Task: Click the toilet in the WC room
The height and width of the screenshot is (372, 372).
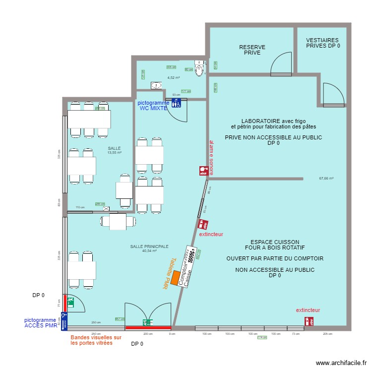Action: (200, 68)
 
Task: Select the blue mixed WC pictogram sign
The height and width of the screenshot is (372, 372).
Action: (176, 103)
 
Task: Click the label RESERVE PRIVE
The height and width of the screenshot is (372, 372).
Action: (252, 50)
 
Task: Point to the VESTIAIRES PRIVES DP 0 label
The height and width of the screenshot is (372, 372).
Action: (322, 43)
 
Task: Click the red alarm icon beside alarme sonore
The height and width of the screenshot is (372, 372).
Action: (203, 171)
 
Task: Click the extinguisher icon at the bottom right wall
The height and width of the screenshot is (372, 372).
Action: (310, 321)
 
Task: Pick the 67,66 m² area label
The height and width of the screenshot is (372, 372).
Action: (326, 179)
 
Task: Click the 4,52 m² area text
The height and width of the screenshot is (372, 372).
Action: (173, 77)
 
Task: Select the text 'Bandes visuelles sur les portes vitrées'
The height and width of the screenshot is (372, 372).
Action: (96, 340)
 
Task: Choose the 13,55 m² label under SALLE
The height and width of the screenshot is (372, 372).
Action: (115, 153)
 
